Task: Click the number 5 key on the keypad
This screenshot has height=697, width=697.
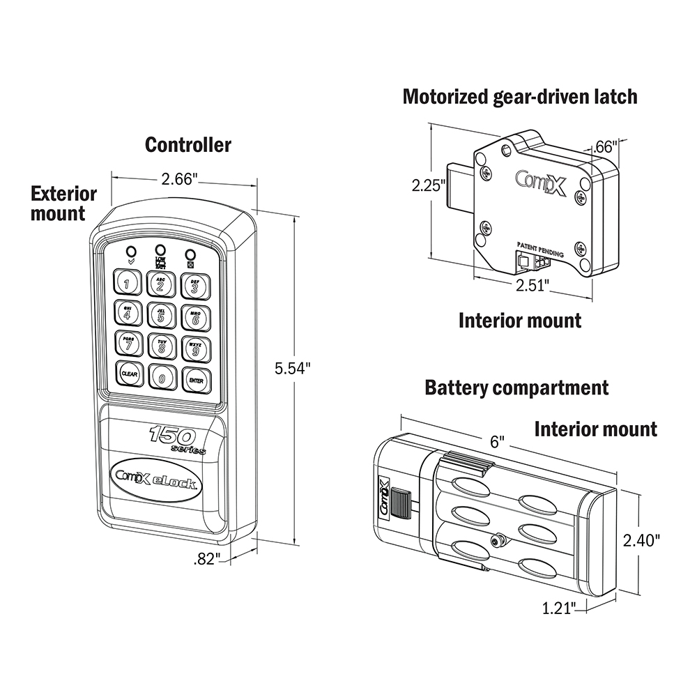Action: pos(160,314)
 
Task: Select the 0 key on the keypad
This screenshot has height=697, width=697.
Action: pos(161,378)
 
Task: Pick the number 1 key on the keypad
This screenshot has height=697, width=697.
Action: pos(127,283)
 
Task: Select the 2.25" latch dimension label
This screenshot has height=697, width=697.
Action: pos(427,186)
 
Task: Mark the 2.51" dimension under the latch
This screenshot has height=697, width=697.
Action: pos(533,285)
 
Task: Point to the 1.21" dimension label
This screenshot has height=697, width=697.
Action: pos(560,610)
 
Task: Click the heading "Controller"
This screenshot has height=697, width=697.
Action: pos(187,144)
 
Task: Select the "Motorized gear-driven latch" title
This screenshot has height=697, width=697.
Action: pos(520,96)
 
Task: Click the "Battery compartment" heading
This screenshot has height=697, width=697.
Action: pos(516,387)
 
